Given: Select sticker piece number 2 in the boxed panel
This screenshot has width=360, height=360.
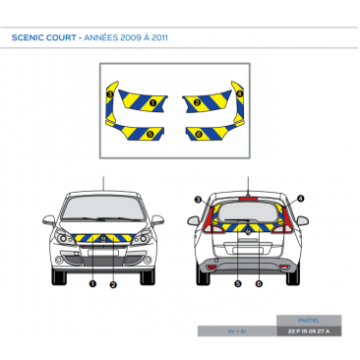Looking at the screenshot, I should pyautogui.click(x=197, y=101).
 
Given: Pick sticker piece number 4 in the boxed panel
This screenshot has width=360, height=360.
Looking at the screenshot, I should pyautogui.click(x=239, y=91).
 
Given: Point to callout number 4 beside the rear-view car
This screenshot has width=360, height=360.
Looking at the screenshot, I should pyautogui.click(x=301, y=199).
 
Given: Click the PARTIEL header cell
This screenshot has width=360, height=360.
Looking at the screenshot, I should pyautogui.click(x=309, y=321).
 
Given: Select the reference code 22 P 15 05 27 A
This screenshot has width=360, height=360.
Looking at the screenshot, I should pyautogui.click(x=309, y=331).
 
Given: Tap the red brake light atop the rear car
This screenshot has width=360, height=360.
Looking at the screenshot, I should pyautogui.click(x=250, y=193).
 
